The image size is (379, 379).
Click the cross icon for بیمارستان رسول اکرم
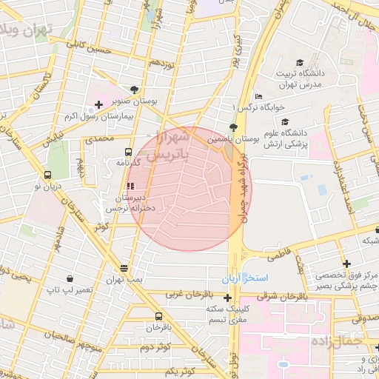(98, 105)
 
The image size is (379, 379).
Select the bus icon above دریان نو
(48, 175)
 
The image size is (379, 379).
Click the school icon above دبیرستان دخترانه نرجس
(131, 186)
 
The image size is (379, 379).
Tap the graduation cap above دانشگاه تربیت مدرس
(300, 62)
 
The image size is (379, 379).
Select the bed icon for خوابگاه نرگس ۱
(258, 96)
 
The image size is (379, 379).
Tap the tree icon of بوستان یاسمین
(234, 127)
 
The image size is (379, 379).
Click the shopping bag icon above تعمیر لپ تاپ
(70, 279)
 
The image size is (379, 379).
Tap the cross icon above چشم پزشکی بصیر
(346, 263)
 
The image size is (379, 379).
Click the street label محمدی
(98, 138)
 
